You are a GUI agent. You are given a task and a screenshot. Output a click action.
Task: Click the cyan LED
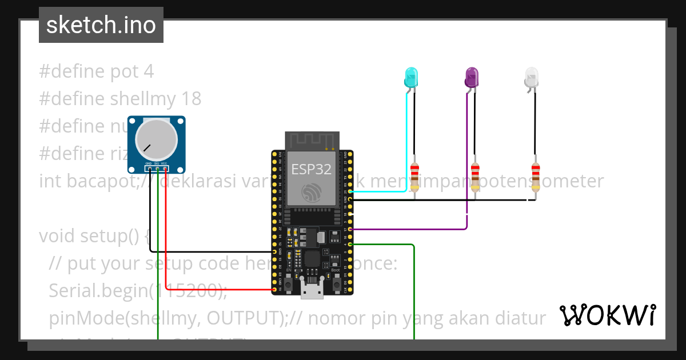pyautogui.click(x=411, y=77)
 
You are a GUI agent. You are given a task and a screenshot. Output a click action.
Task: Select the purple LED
pyautogui.click(x=472, y=77)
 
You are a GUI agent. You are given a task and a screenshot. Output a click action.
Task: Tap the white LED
pyautogui.click(x=532, y=77)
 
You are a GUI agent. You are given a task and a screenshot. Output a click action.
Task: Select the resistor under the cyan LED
pyautogui.click(x=414, y=177)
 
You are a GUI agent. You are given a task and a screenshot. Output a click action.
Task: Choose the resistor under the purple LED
pyautogui.click(x=475, y=177)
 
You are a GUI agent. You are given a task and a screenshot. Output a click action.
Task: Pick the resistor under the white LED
pyautogui.click(x=536, y=177)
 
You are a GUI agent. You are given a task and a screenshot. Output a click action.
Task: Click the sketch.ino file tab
pyautogui.click(x=101, y=25)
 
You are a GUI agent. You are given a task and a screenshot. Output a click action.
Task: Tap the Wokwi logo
pyautogui.click(x=608, y=315)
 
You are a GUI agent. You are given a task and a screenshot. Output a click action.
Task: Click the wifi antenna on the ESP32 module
pyautogui.click(x=312, y=141)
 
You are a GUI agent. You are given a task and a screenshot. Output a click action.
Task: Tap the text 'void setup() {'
pyautogui.click(x=94, y=235)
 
